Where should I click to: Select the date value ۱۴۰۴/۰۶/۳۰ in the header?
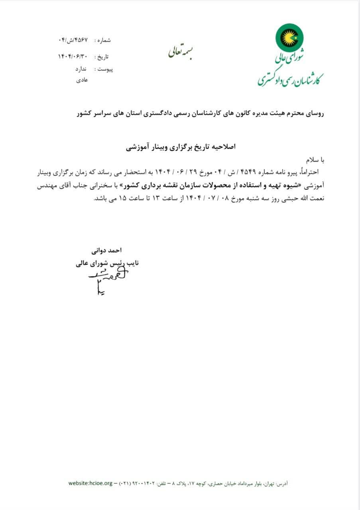[x=73, y=57]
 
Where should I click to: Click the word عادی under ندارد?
[x=82, y=80]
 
